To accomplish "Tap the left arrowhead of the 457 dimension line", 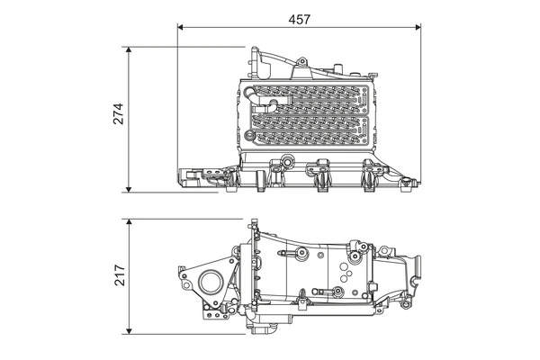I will click(x=183, y=27).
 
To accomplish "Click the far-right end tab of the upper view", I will click(x=412, y=184).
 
